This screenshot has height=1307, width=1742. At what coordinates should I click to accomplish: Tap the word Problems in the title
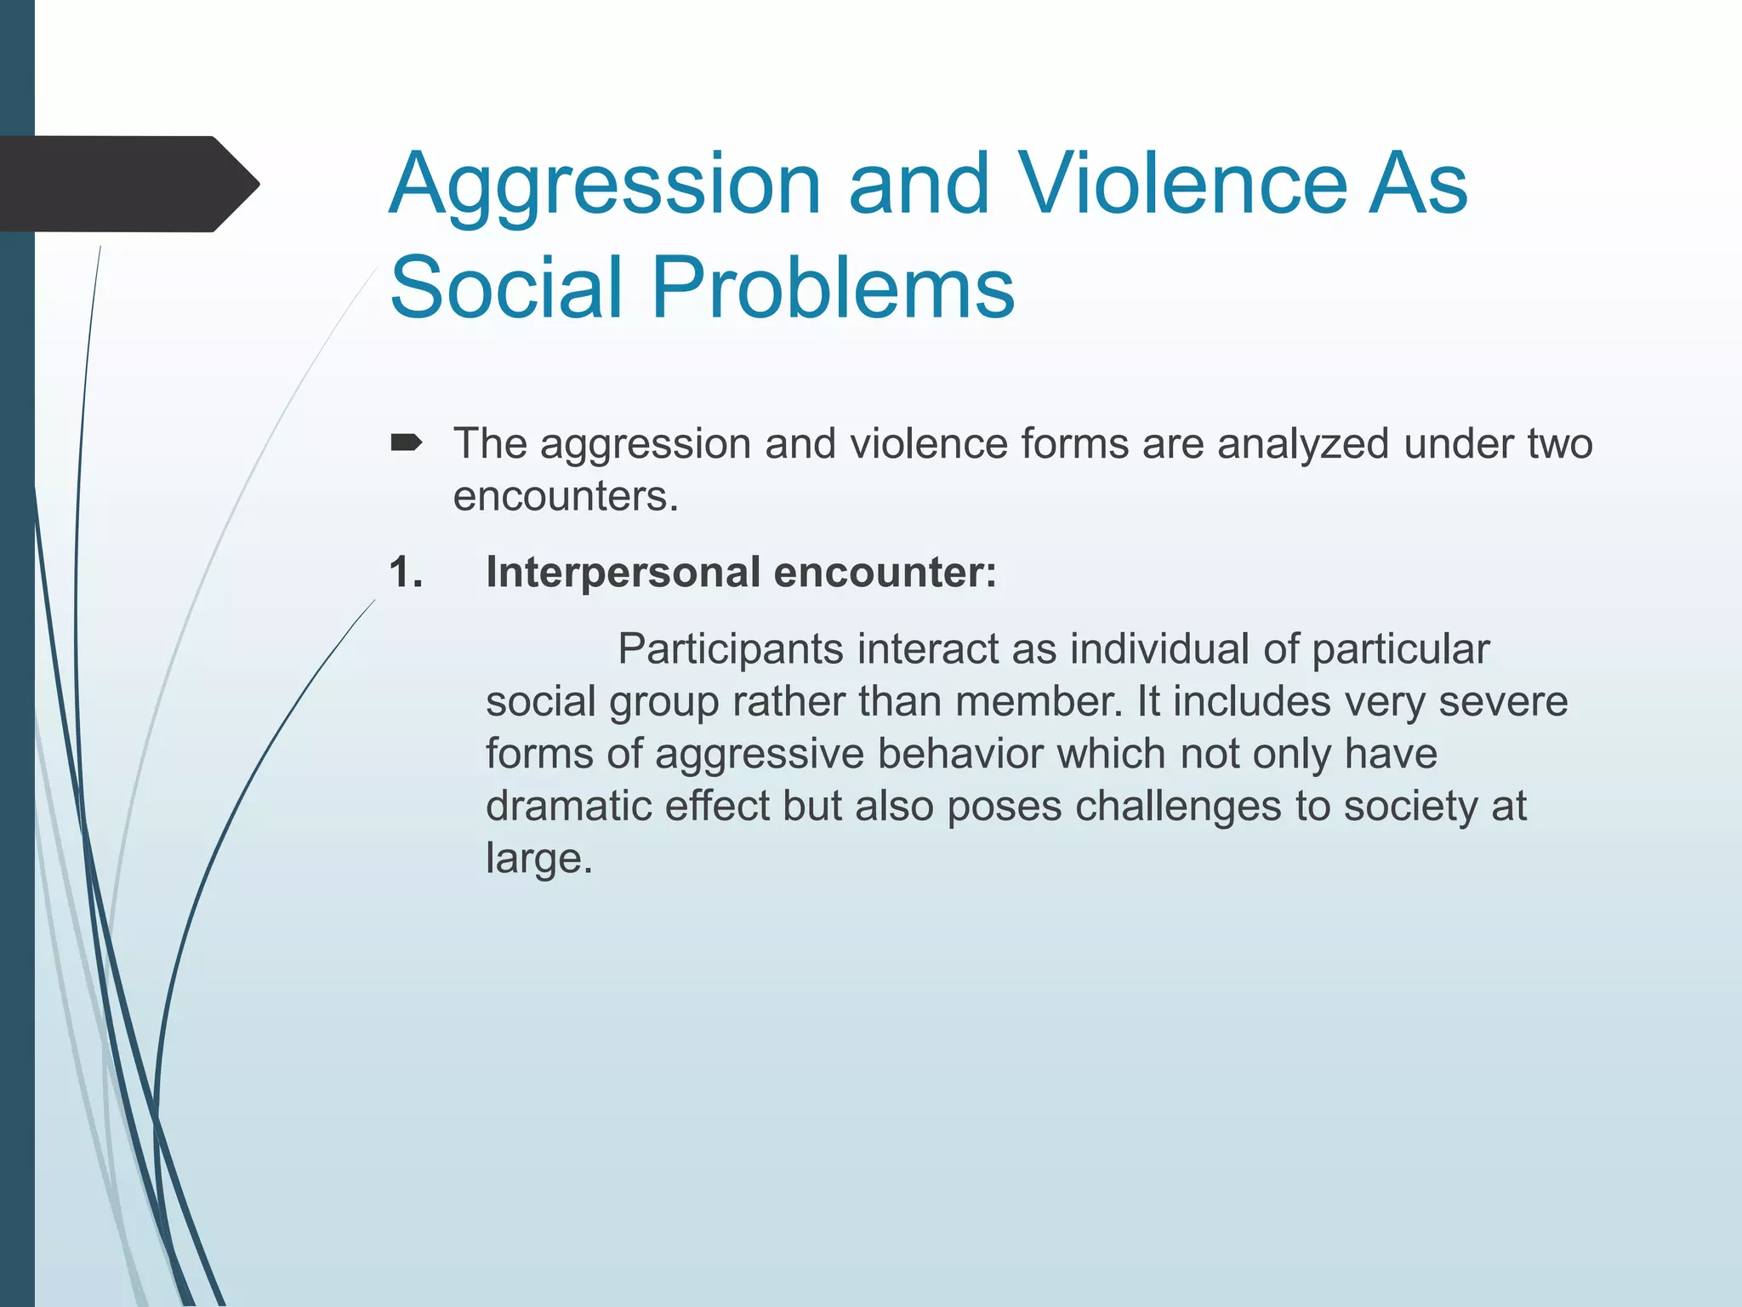tap(833, 288)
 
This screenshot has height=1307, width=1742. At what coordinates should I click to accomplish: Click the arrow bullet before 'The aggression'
tap(406, 442)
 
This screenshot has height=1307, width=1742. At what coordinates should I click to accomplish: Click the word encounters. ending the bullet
tap(566, 496)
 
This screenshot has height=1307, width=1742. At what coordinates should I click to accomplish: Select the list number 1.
tap(406, 572)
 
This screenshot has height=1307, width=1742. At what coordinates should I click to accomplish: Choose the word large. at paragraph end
tap(538, 859)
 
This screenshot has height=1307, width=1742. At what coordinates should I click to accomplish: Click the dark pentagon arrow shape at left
tap(128, 184)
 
